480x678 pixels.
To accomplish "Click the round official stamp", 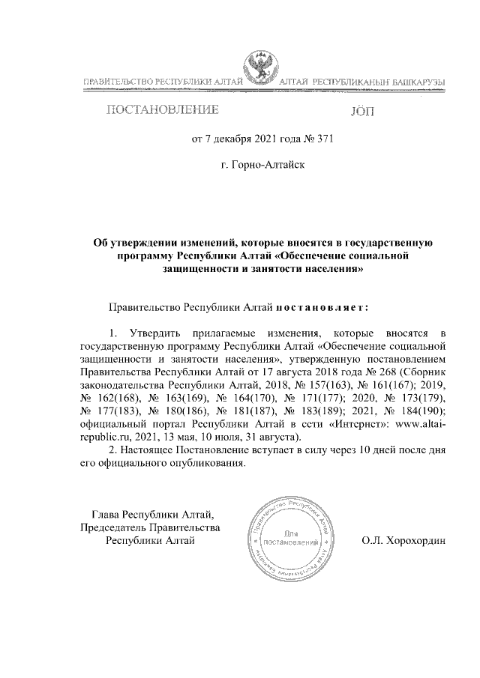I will [x=288, y=539].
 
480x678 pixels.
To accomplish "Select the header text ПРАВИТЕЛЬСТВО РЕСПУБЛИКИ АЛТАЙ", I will [x=162, y=80].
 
